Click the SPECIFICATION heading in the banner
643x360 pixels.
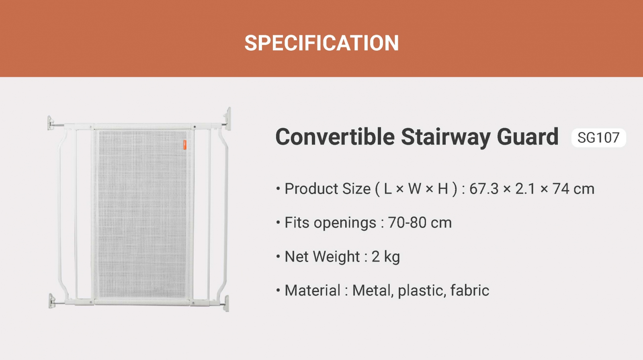point(321,43)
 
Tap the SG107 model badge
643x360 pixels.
point(598,138)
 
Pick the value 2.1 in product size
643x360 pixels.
point(525,189)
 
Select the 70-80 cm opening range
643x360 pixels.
point(420,223)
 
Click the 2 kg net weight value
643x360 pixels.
point(386,257)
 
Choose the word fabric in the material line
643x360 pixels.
point(470,290)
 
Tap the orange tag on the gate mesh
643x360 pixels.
point(185,145)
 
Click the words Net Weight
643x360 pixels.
point(322,257)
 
